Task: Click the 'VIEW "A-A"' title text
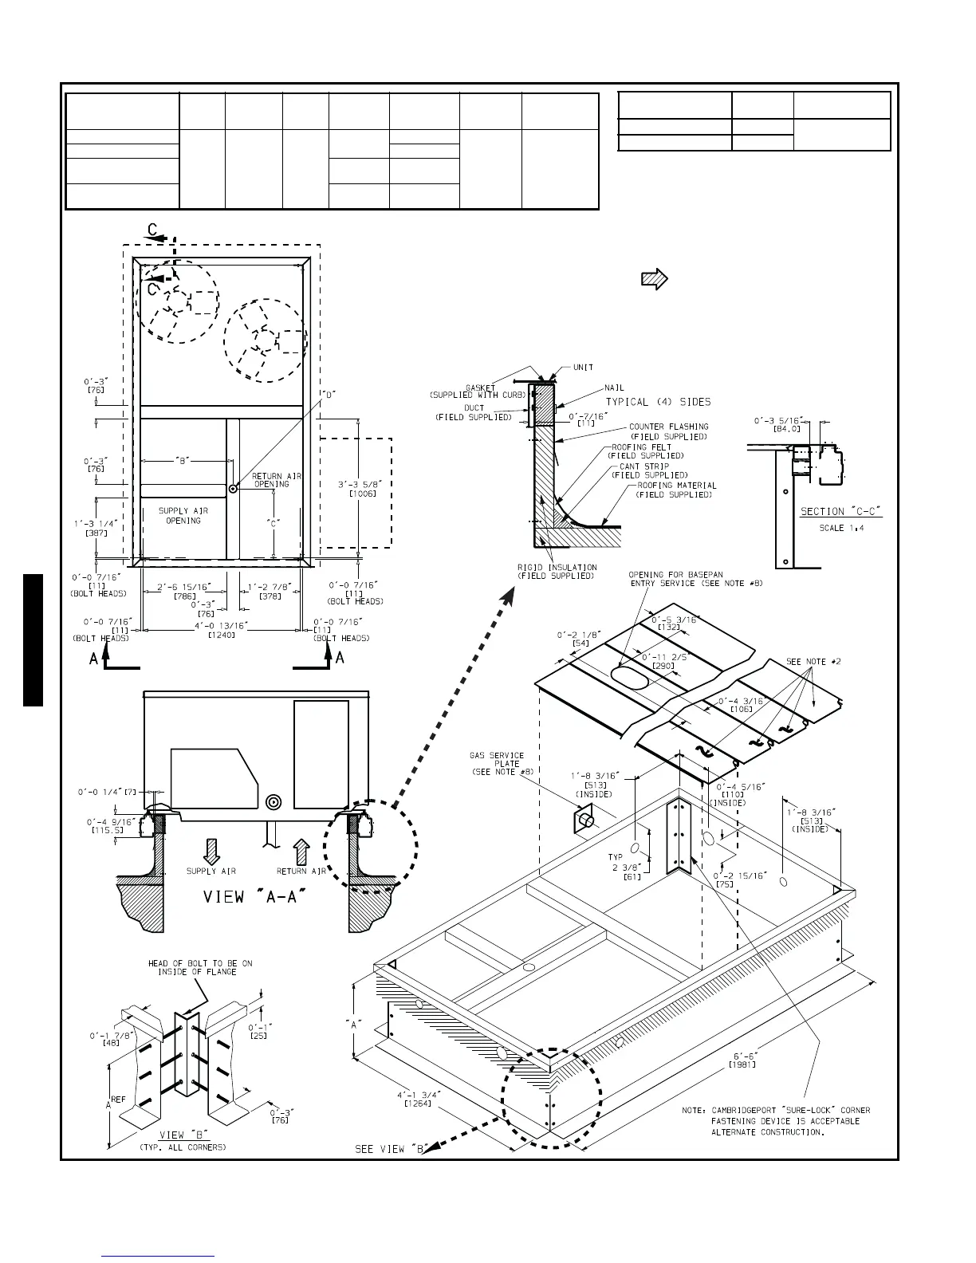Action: [255, 896]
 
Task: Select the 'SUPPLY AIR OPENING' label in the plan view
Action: [183, 516]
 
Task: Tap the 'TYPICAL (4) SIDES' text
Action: [659, 401]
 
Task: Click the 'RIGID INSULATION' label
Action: [557, 571]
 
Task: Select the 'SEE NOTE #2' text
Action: [813, 662]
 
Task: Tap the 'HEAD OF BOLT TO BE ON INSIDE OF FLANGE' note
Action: [200, 967]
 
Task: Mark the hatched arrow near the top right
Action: [654, 278]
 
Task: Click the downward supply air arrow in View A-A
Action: [211, 851]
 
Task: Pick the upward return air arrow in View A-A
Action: [301, 851]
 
